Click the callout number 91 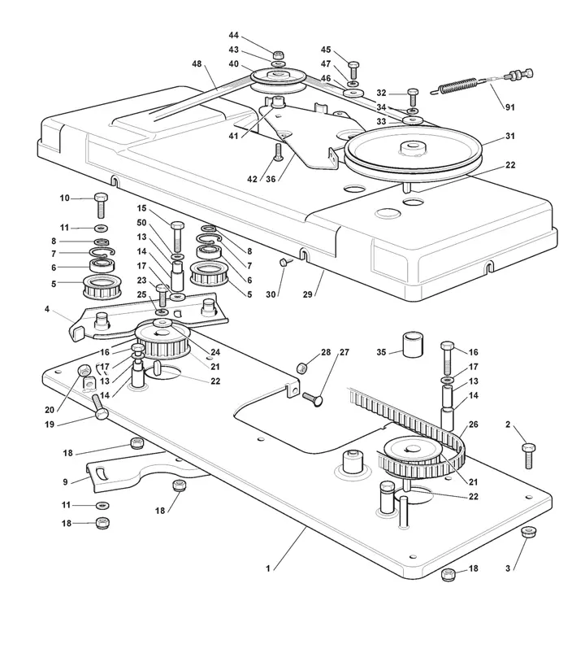(x=509, y=107)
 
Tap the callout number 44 (x=233, y=36)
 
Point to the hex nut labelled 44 (x=279, y=54)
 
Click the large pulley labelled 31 (x=413, y=153)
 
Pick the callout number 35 (x=381, y=352)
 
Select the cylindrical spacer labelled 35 (x=412, y=343)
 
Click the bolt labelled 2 (x=528, y=455)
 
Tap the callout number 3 (x=508, y=568)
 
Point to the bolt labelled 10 (x=101, y=205)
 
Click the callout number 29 (x=307, y=294)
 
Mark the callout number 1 (x=268, y=568)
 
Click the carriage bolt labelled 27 (x=313, y=399)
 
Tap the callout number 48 (x=197, y=63)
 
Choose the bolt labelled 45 (x=353, y=70)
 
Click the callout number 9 (x=65, y=482)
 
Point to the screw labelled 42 (x=279, y=152)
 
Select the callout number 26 (x=473, y=424)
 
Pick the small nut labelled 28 (x=301, y=368)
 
